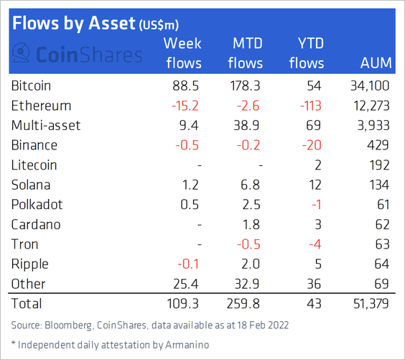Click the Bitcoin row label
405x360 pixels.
[x=31, y=86]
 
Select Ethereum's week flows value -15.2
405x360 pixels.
[x=185, y=106]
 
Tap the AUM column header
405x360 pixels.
[x=376, y=63]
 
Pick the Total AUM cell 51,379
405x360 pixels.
[x=371, y=304]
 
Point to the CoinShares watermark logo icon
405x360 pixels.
[x=21, y=52]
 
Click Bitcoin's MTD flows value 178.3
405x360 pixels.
[x=245, y=86]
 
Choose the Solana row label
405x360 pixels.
[x=31, y=185]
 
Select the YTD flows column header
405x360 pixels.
[x=307, y=53]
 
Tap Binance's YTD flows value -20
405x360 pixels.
[x=312, y=145]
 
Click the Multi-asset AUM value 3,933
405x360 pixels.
[x=373, y=126]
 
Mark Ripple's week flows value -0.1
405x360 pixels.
[x=188, y=264]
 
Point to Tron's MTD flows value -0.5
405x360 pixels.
[x=248, y=244]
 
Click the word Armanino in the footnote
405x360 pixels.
[x=187, y=345]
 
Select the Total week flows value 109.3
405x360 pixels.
[x=182, y=304]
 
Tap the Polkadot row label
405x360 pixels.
[x=37, y=205]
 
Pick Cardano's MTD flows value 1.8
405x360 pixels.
[x=251, y=225]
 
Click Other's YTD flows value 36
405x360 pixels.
[x=314, y=284]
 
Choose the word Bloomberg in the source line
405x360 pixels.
[x=68, y=326]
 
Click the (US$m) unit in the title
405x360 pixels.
[x=159, y=25]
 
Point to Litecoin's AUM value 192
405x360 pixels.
[x=379, y=165]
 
